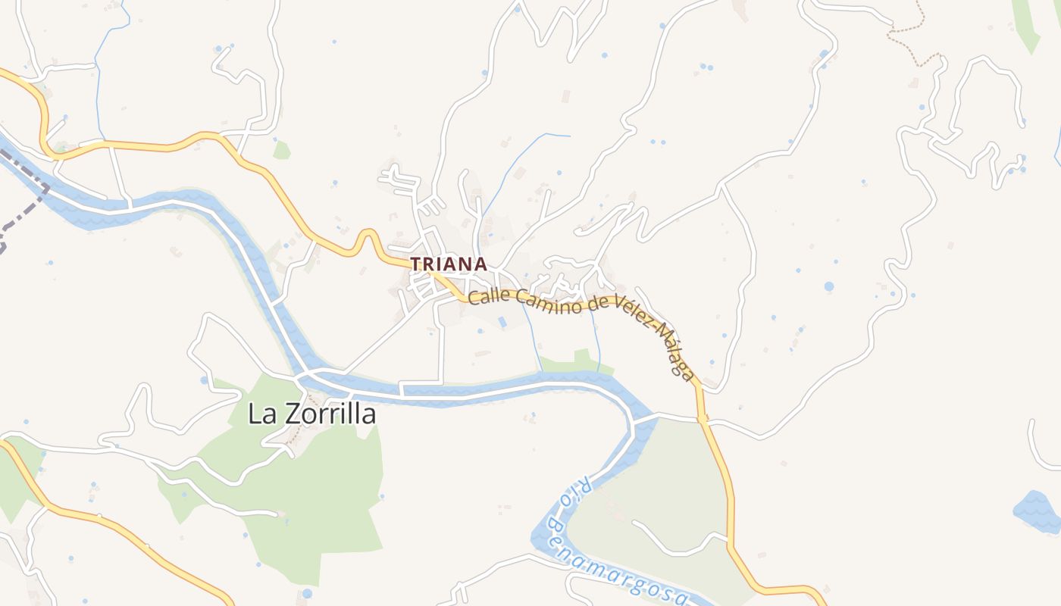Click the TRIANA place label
448,264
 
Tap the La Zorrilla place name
311,414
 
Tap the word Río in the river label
571,492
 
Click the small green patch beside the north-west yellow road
281,151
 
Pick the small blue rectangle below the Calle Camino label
502,322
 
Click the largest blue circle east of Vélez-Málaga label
828,286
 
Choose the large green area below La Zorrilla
318,492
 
